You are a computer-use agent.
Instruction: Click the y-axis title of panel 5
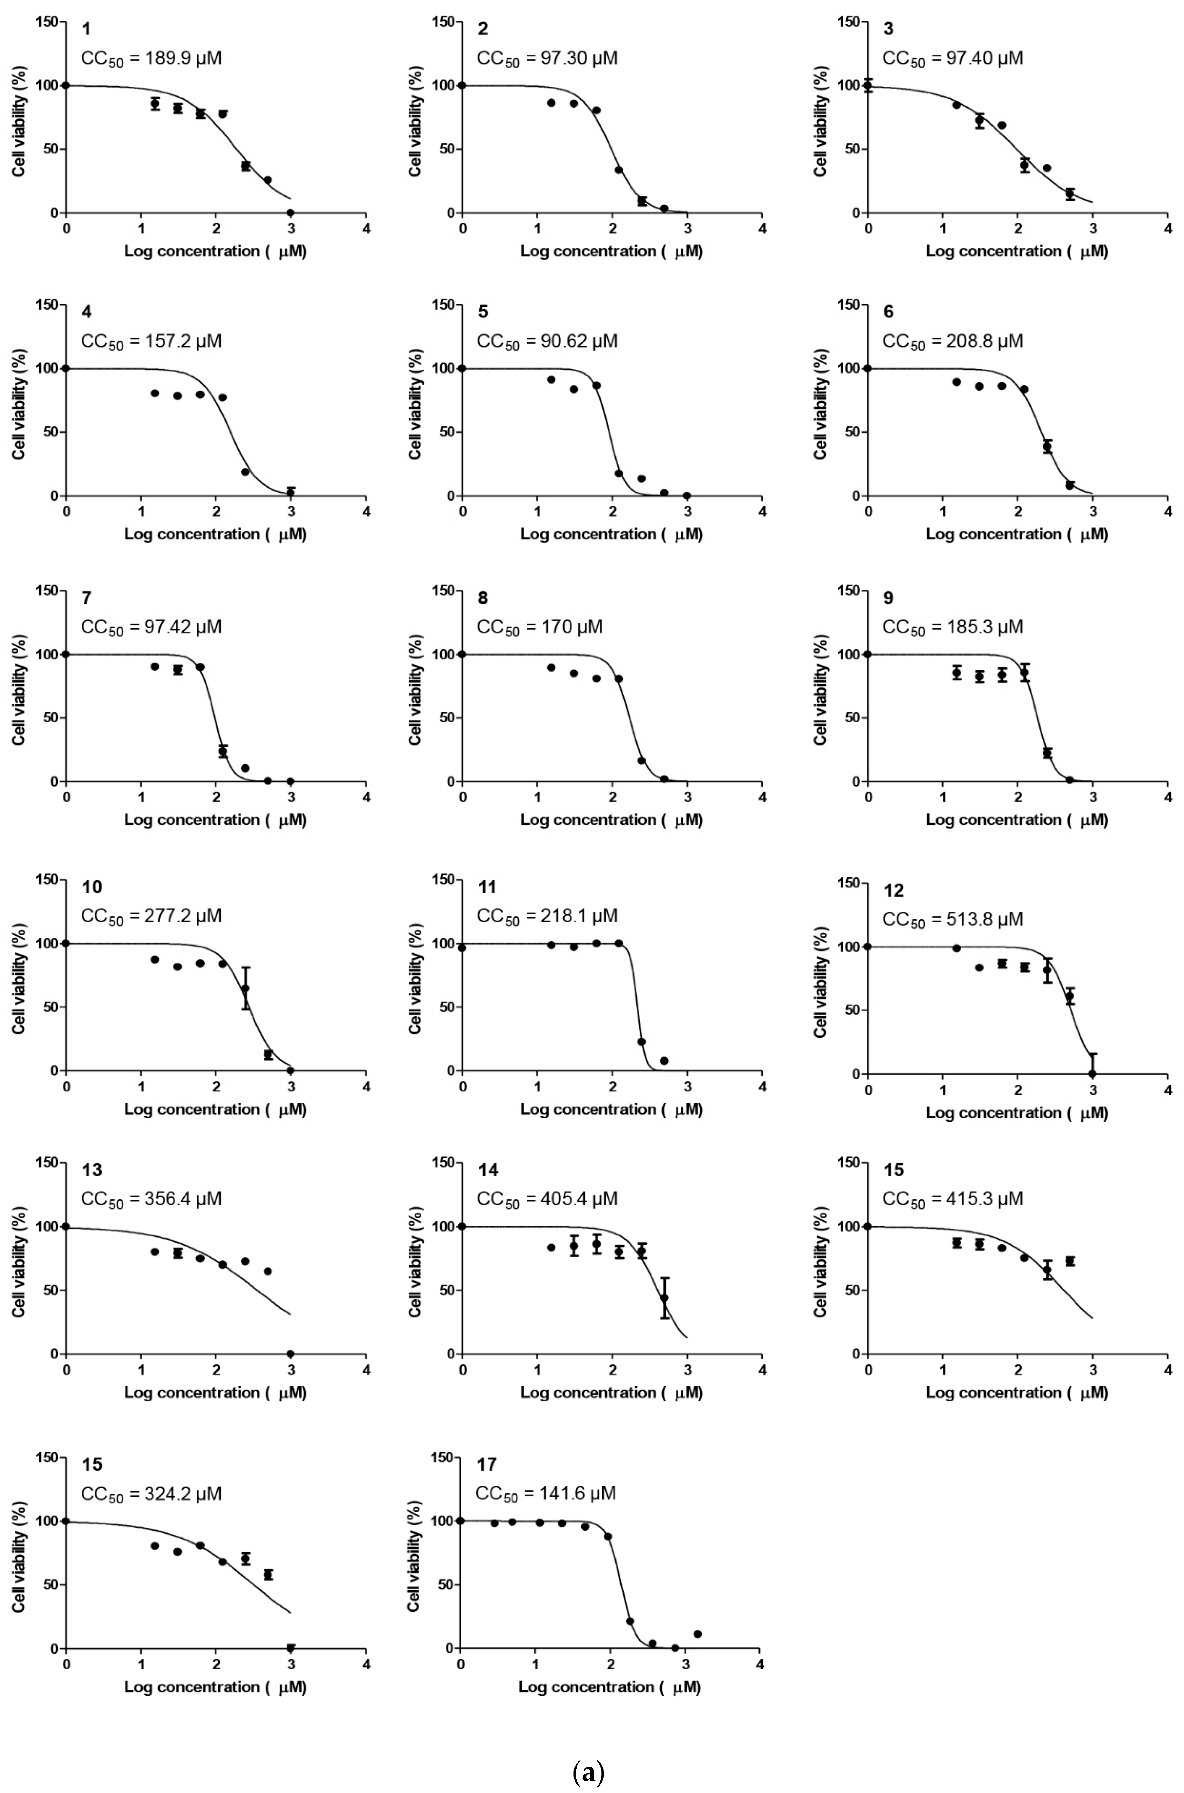[x=415, y=404]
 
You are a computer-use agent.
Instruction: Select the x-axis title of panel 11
[x=611, y=1109]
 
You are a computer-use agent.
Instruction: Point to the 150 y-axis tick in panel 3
[x=849, y=22]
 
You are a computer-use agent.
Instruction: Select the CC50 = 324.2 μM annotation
[x=151, y=1494]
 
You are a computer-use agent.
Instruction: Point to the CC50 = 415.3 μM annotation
[x=953, y=1199]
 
